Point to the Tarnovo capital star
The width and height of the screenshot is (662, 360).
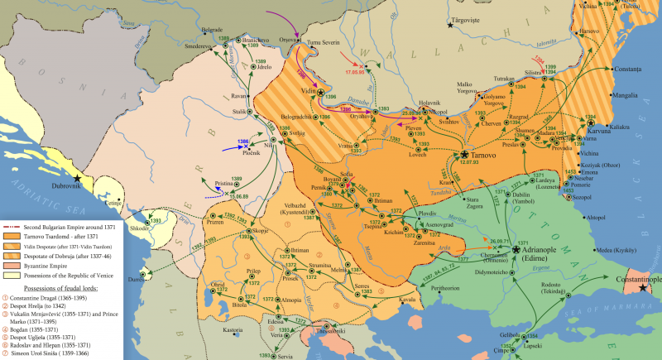(x=466, y=155)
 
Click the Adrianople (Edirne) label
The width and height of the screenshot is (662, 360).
(x=543, y=254)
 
